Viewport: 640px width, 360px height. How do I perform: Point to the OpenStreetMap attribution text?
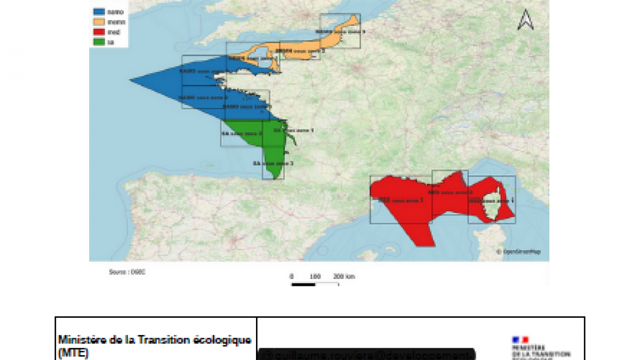pos(518,252)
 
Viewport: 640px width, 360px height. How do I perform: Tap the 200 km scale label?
pos(344,276)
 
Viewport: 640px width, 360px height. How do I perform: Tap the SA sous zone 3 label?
pos(273,163)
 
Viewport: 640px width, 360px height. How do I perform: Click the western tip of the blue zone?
pos(131,81)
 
